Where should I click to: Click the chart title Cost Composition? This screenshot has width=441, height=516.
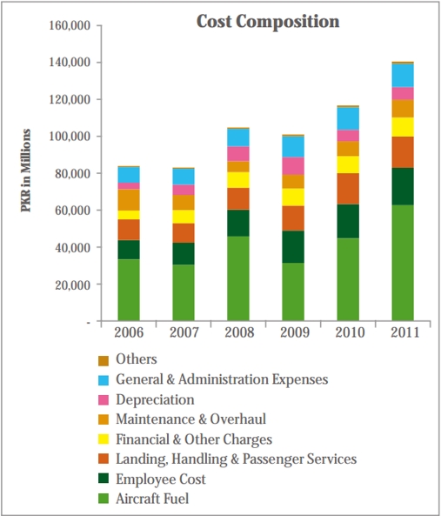268,22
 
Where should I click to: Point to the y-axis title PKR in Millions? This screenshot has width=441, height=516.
25,171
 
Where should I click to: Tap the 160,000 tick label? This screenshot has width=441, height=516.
70,25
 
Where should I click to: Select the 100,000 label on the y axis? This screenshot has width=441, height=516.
70,137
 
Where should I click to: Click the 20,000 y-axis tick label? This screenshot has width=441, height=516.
73,285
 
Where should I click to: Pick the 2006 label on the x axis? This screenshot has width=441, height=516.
129,332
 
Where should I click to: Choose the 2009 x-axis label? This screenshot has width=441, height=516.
295,332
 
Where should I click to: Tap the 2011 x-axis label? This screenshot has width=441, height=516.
404,332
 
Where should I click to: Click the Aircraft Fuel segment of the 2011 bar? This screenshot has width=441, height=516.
403,263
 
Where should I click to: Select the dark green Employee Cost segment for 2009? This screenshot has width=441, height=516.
293,247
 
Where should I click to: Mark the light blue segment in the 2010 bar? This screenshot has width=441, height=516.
348,119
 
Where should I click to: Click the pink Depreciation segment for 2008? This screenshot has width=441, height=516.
238,154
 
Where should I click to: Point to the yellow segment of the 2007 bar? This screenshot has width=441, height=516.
184,217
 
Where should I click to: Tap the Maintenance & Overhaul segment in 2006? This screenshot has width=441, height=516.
129,200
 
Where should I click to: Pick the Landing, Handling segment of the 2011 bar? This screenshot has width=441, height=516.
403,152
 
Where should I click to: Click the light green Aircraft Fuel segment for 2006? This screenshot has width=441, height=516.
129,290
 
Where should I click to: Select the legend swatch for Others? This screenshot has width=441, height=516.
104,361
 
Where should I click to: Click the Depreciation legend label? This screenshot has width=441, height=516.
155,399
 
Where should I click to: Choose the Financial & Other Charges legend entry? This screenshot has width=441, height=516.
185,439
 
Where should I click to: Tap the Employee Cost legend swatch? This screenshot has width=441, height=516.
104,479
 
